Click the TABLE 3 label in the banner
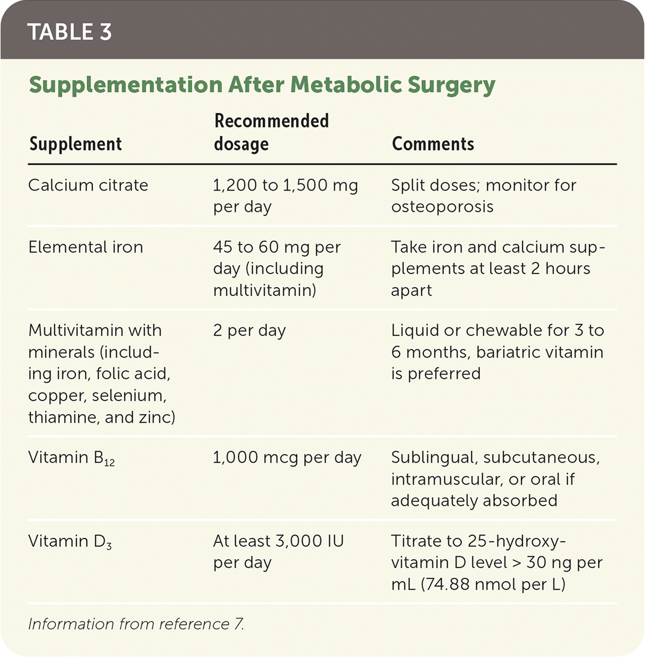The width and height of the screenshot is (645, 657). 70,32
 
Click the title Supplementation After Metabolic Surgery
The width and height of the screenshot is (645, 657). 262,85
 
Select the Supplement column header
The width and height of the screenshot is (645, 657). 76,144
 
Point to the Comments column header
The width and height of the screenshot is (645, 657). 433,144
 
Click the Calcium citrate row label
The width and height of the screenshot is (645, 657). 88,185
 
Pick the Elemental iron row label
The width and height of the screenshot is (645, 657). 85,247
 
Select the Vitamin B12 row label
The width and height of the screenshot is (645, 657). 71,458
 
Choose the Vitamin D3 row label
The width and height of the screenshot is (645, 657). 70,541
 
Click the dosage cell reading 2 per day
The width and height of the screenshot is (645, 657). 249,331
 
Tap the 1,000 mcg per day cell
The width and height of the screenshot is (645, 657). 287,458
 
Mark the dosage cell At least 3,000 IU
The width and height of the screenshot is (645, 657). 278,541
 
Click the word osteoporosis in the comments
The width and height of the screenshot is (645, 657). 442,206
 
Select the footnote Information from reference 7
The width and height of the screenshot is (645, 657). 136,624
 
